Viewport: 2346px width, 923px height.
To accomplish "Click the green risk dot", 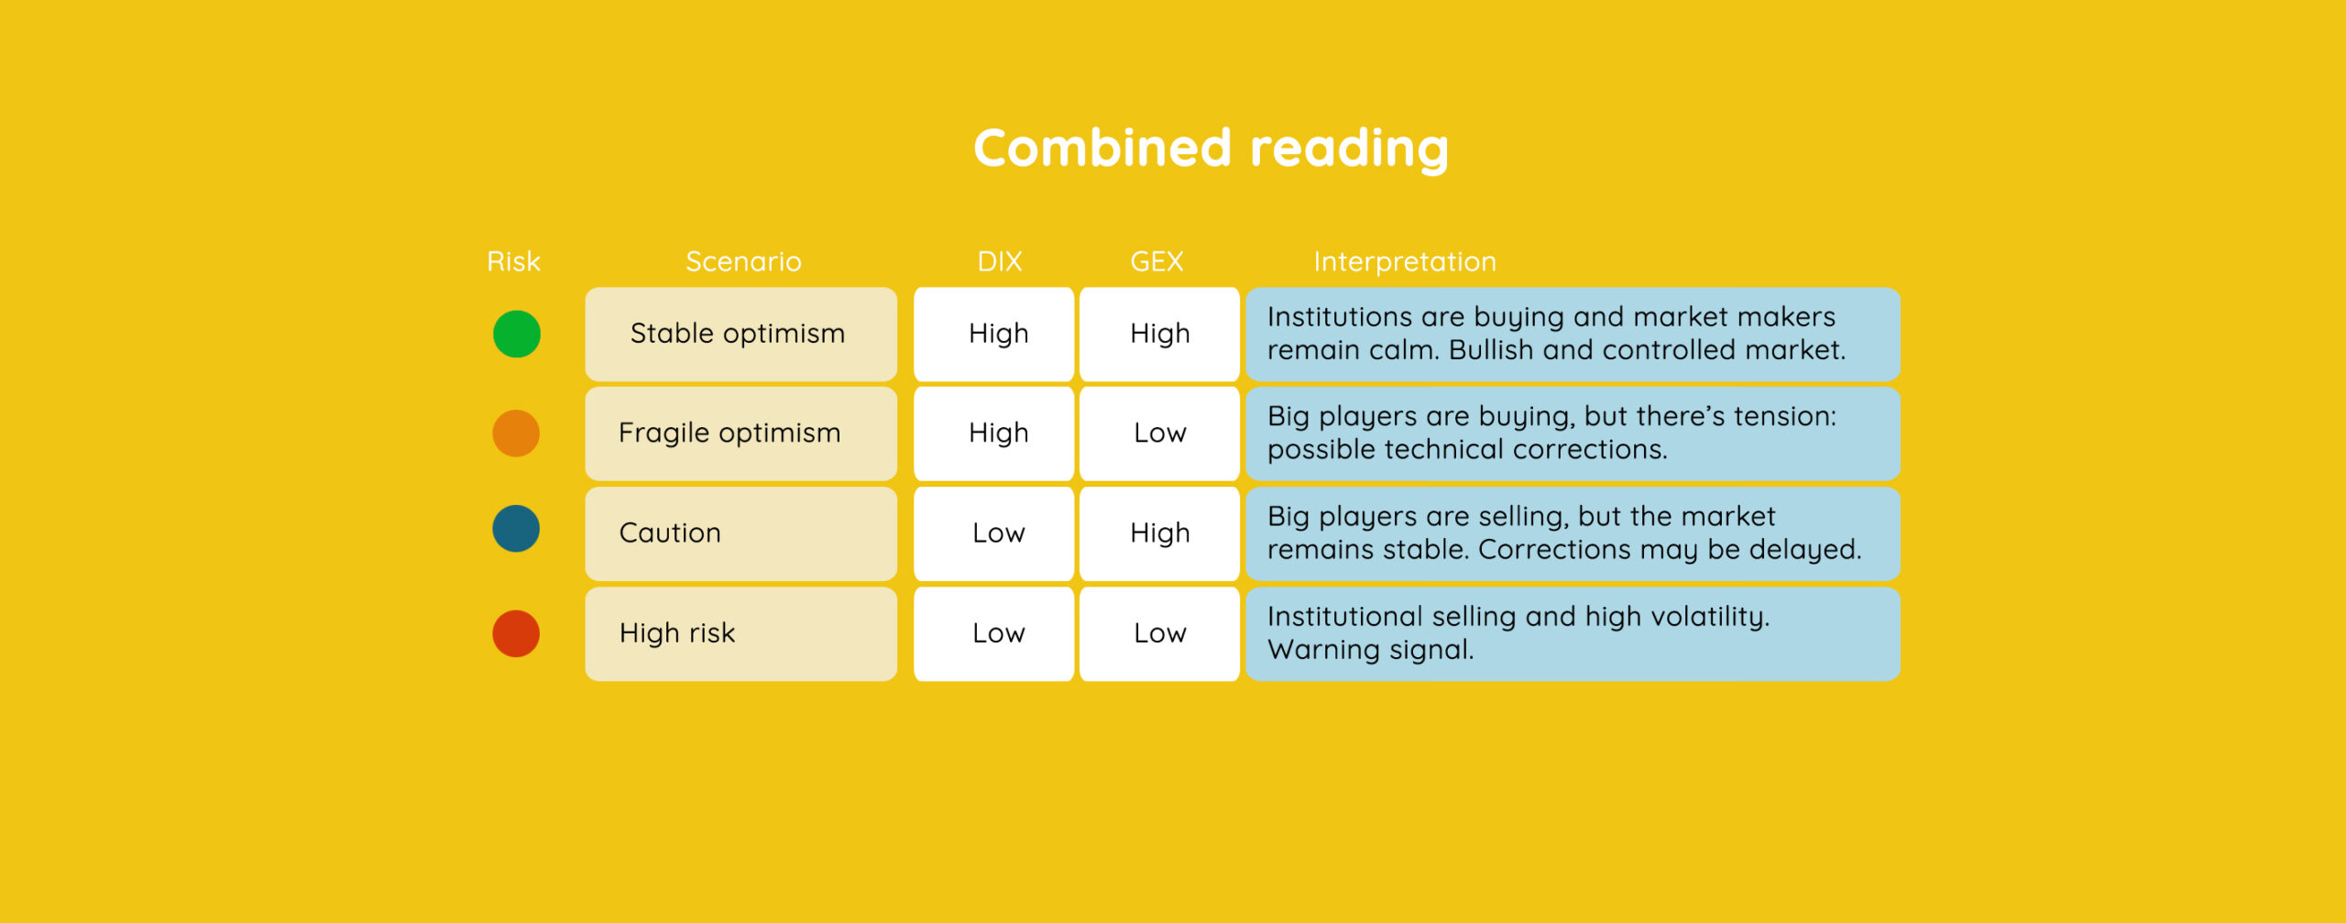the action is click(517, 334).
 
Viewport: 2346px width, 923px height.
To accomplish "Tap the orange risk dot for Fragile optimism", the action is click(516, 433).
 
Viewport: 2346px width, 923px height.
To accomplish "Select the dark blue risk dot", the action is click(516, 529).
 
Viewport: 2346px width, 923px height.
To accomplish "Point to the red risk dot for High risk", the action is click(516, 633).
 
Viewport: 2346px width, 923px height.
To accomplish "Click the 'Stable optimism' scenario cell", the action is click(741, 334).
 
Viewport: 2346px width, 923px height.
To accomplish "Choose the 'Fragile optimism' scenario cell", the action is click(741, 434).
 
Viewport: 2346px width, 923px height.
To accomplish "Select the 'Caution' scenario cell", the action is click(741, 533).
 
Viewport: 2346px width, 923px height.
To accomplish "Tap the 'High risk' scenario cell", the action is click(741, 633).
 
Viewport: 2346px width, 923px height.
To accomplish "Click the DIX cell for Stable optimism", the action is click(994, 334).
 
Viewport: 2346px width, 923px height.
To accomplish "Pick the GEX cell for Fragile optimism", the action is click(1159, 434).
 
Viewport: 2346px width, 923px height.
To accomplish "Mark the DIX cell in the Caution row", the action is click(994, 533).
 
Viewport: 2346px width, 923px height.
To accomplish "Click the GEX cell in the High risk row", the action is click(1159, 633).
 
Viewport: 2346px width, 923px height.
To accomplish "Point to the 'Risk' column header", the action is click(514, 262).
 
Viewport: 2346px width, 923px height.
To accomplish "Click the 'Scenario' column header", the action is click(743, 262).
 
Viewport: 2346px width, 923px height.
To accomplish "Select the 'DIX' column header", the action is click(1000, 262).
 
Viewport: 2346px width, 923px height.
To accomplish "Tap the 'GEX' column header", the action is click(1157, 262).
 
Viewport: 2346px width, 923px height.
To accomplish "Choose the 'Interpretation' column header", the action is click(1405, 262).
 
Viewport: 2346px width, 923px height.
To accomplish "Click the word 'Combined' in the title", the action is click(1102, 148).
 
